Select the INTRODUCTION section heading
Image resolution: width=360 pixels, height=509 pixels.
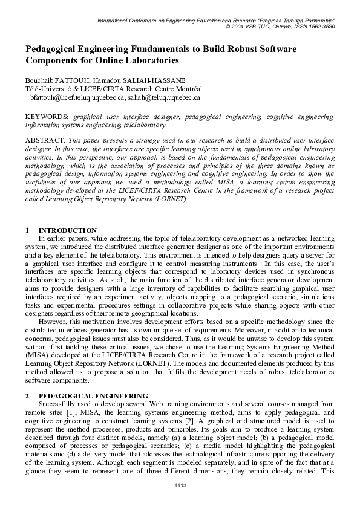coord(67,230)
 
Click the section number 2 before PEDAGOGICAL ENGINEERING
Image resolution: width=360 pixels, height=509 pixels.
coord(27,395)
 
